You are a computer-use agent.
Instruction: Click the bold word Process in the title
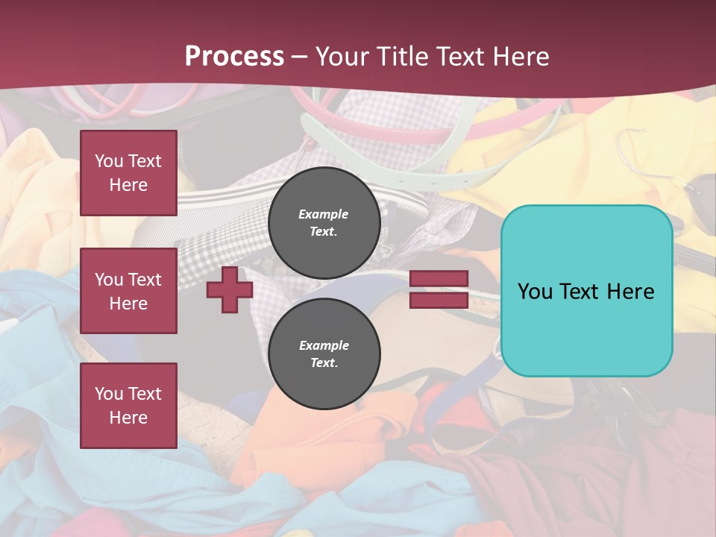234,57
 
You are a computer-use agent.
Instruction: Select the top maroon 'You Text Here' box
128,173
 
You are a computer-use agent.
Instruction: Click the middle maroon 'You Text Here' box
128,291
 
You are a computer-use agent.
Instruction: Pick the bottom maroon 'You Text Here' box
128,406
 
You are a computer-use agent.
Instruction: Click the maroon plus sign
230,290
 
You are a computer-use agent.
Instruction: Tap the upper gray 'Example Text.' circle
324,223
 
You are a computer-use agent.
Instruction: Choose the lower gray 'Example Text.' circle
324,354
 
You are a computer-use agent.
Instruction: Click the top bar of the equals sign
439,279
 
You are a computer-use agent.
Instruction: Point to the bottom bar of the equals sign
439,300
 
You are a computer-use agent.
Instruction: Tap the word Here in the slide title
520,57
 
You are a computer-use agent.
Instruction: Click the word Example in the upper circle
324,214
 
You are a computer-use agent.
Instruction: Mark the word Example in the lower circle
324,345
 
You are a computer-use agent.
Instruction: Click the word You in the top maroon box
109,161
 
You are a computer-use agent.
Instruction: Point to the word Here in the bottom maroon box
128,418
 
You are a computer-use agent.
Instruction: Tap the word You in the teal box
535,292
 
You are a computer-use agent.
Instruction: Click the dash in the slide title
300,57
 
